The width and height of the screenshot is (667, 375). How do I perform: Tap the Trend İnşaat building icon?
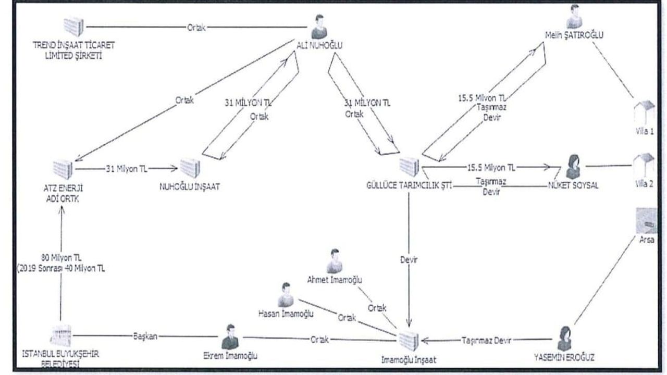tap(73, 27)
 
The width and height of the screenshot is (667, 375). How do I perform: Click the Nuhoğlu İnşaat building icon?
tap(190, 168)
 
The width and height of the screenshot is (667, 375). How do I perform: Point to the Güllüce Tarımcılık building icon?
tap(409, 167)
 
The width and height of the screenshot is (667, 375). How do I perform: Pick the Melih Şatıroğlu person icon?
tap(574, 16)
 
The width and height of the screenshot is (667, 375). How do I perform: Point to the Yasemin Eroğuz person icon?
tap(563, 338)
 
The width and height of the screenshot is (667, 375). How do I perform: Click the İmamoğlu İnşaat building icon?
tap(409, 340)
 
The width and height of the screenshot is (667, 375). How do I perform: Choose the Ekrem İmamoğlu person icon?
tap(230, 337)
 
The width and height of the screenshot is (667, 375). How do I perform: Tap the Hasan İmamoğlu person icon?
tap(285, 295)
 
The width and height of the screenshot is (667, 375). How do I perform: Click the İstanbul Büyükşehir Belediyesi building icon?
tap(61, 336)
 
